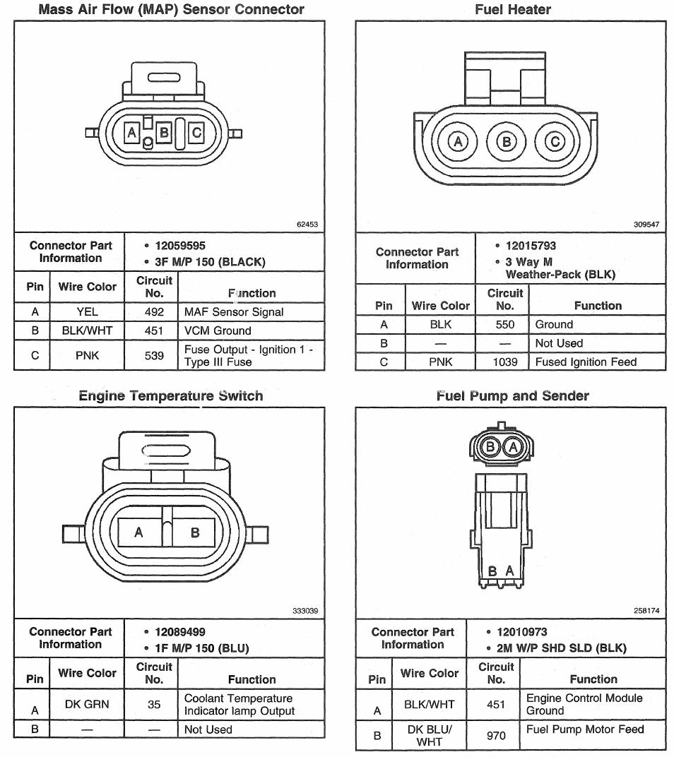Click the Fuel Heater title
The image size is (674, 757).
pyautogui.click(x=513, y=10)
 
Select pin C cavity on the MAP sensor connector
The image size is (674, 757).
pyautogui.click(x=196, y=132)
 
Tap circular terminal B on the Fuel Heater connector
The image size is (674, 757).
pyautogui.click(x=507, y=142)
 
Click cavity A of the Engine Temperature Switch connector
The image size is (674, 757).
pyautogui.click(x=139, y=532)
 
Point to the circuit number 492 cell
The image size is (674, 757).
pyautogui.click(x=153, y=312)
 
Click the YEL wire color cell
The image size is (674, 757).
pyautogui.click(x=87, y=312)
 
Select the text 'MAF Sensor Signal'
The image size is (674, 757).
pyautogui.click(x=234, y=312)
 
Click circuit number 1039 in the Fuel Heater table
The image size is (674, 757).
pyautogui.click(x=505, y=362)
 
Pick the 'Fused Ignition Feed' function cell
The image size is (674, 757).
pyautogui.click(x=586, y=362)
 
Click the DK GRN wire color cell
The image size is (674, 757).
pyautogui.click(x=87, y=704)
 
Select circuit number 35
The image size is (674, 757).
pyautogui.click(x=154, y=704)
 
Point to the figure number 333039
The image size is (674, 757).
pyautogui.click(x=305, y=611)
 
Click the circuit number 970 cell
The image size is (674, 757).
pyautogui.click(x=496, y=735)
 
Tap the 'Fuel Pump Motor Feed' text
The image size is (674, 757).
pyautogui.click(x=585, y=729)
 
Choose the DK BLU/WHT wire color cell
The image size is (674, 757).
pyautogui.click(x=430, y=735)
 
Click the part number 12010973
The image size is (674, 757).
pyautogui.click(x=522, y=632)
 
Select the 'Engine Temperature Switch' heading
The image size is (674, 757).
pyautogui.click(x=171, y=396)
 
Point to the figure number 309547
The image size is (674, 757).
pyautogui.click(x=646, y=225)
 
